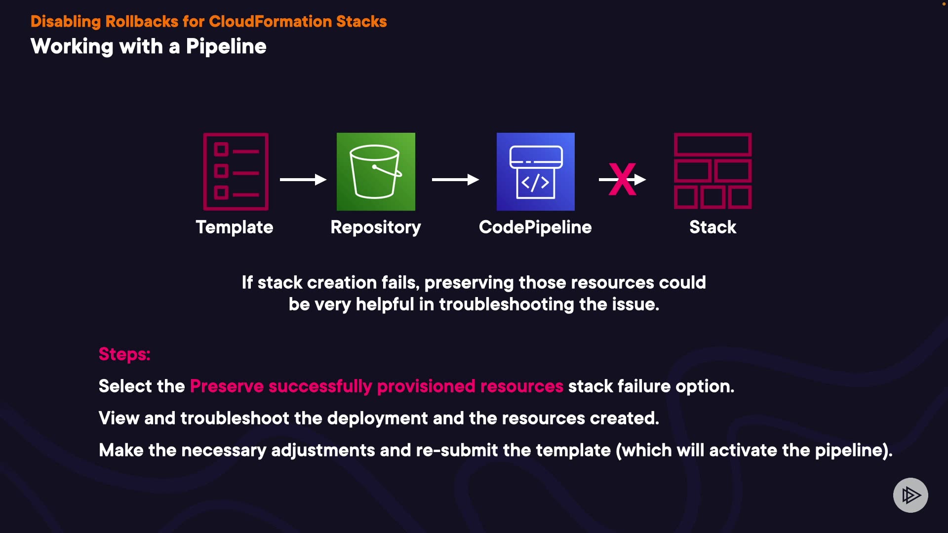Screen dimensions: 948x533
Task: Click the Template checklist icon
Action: (236, 171)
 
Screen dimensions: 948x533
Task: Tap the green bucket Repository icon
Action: (376, 171)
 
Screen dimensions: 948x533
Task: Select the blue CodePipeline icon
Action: (536, 171)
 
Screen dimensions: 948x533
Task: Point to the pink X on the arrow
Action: (622, 179)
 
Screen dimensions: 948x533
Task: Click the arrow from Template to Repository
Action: (303, 180)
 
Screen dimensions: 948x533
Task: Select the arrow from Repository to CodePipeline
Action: (455, 180)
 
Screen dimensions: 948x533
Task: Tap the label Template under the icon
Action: (235, 228)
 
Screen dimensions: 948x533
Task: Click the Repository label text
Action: (376, 228)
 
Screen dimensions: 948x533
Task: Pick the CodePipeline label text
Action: (535, 228)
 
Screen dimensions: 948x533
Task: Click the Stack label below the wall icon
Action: (712, 227)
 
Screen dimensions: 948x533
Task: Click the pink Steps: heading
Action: (124, 354)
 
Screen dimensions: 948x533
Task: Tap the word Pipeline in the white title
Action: (226, 47)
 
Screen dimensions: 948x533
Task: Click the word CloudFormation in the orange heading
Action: (271, 21)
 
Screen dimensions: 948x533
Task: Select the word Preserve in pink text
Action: (227, 386)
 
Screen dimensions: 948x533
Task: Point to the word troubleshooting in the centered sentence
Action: (507, 305)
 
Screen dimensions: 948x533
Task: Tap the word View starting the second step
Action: (119, 418)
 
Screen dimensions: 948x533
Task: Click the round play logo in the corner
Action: (910, 495)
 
